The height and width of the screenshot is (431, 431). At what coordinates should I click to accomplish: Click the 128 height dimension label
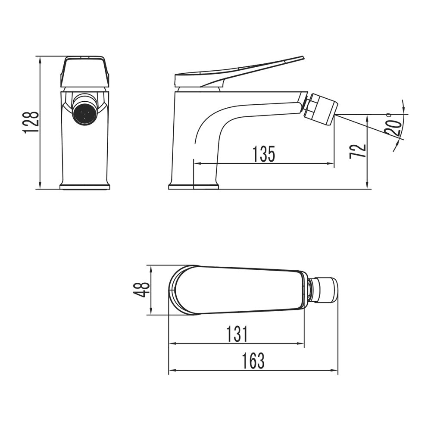31,122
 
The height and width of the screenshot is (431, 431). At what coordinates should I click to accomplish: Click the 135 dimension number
264,154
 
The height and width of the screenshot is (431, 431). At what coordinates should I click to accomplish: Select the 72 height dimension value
358,151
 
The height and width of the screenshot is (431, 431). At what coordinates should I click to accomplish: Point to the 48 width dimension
141,290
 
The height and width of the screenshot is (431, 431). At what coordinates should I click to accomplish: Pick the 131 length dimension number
237,334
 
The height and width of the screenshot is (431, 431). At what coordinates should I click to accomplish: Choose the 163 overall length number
253,361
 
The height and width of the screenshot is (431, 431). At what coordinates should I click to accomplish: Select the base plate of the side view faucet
194,187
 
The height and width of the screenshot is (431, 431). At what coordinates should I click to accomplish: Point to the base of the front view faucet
85,187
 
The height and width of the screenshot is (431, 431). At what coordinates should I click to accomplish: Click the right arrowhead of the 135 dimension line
331,163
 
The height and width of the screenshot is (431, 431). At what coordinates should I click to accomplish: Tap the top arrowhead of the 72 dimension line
367,117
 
